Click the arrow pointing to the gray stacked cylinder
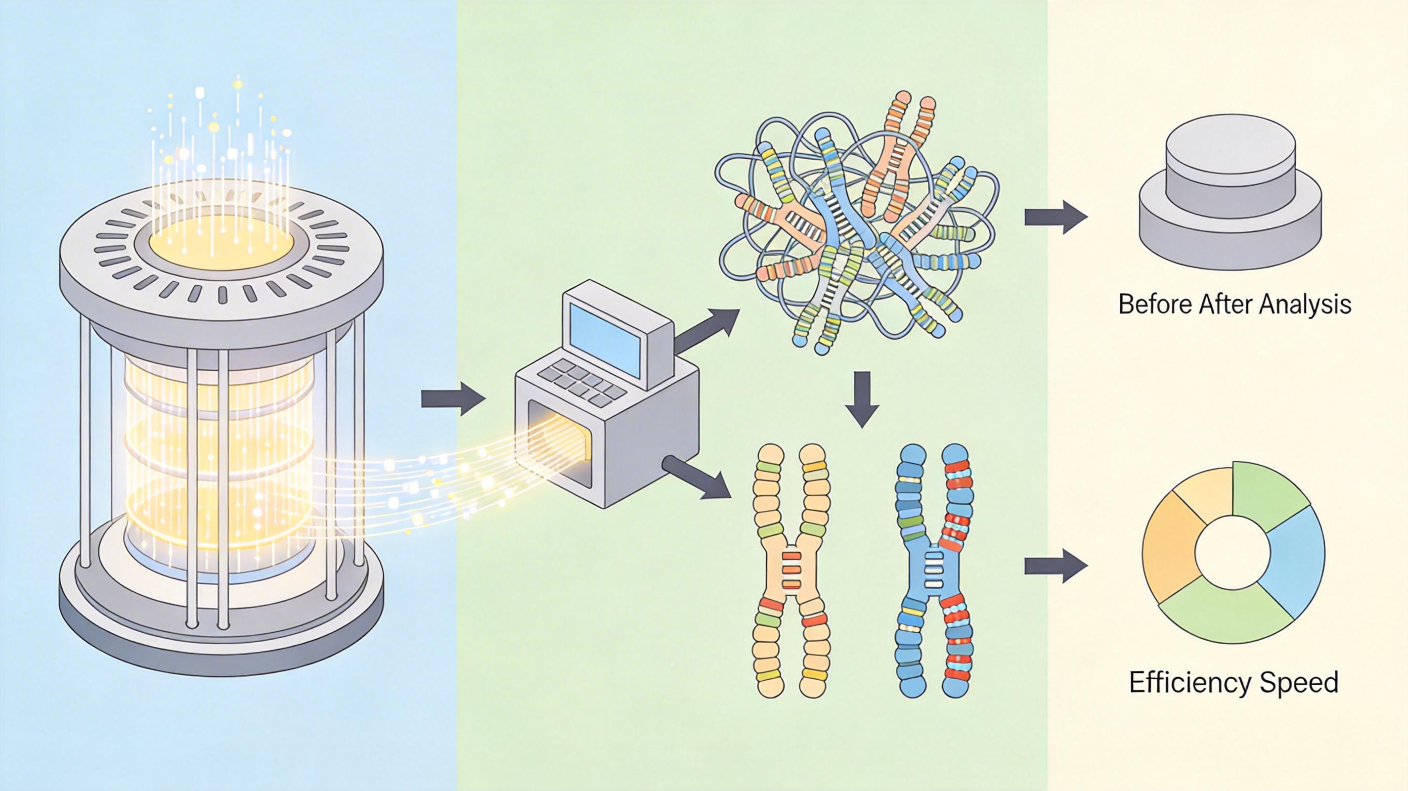1055,217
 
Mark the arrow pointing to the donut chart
1055,565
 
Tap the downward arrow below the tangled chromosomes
862,399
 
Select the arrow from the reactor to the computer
452,399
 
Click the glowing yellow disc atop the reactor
221,243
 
